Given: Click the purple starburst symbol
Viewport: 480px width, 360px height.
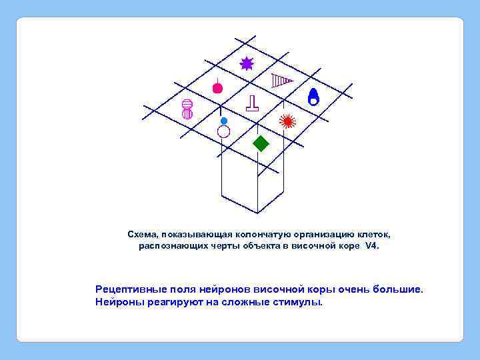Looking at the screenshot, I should (x=247, y=63).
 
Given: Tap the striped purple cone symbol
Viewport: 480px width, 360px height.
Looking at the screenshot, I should (x=282, y=81).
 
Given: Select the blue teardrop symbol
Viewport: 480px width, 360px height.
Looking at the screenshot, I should (x=313, y=97).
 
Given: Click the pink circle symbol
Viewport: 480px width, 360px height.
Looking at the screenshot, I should (x=217, y=88).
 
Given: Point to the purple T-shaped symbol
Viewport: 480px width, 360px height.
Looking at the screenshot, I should (x=252, y=103).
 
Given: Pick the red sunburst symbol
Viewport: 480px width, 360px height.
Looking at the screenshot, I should (x=287, y=121).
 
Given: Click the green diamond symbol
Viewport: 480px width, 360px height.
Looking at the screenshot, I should (x=261, y=143).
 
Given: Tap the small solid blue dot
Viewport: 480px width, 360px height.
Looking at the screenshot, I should (x=224, y=121).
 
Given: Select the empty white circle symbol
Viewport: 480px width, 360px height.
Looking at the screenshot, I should (x=223, y=131).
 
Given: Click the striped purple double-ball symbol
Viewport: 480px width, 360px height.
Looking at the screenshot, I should (x=187, y=109).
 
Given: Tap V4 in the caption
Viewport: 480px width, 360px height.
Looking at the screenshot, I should (x=371, y=246).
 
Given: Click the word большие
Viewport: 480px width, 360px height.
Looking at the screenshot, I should (x=394, y=290).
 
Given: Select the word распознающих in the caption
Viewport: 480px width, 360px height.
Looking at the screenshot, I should (x=169, y=246).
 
